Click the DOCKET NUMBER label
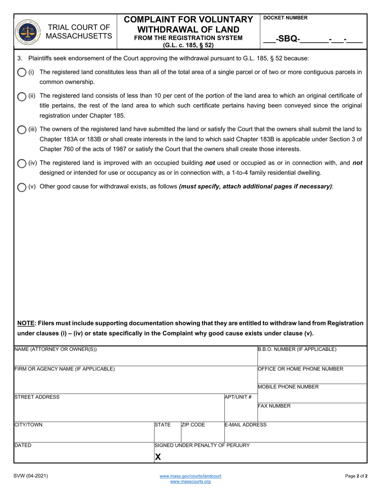(x=286, y=18)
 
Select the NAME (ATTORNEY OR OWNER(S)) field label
(x=56, y=350)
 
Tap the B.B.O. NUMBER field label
(x=297, y=350)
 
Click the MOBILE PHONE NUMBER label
(x=288, y=387)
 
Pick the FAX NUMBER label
(x=274, y=406)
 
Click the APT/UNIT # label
(x=238, y=397)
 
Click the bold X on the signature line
(x=158, y=457)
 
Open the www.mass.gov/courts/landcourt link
(x=190, y=476)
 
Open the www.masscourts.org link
(x=190, y=481)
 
